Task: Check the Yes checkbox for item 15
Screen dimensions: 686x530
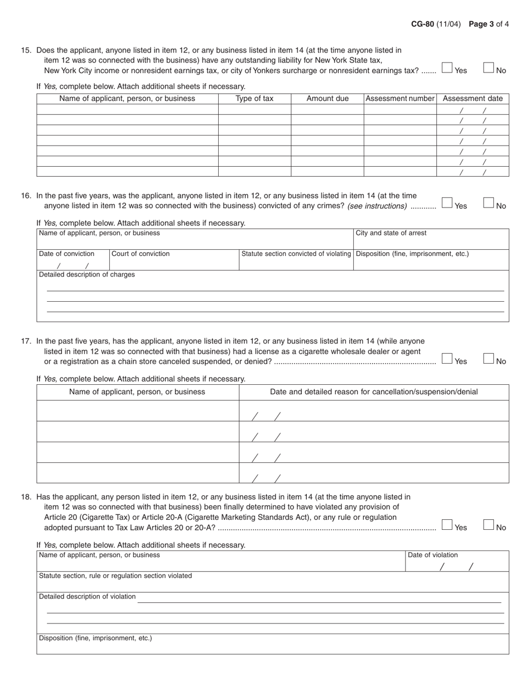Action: tap(447, 68)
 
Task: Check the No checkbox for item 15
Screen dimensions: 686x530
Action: tap(489, 68)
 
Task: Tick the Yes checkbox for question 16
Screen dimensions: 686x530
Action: tap(447, 203)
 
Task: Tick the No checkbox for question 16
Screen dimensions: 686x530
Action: tap(489, 203)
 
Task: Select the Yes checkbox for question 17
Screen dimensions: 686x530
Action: tap(447, 359)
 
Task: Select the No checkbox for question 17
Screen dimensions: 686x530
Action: tap(489, 359)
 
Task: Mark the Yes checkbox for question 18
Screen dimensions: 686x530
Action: tap(447, 525)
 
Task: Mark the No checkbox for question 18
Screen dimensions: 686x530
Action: tap(489, 525)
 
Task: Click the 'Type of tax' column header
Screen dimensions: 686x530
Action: tap(254, 99)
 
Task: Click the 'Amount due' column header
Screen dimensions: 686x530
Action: tap(327, 99)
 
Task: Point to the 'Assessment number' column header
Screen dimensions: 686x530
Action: tap(399, 99)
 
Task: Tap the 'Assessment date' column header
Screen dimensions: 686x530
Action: tap(473, 99)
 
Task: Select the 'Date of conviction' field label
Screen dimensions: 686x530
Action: tap(66, 254)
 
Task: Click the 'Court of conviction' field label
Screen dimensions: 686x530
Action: tap(141, 254)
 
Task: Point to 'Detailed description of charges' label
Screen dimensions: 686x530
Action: tap(86, 274)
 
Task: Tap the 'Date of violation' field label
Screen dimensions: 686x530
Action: tap(433, 555)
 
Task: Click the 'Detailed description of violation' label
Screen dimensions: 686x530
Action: tap(87, 597)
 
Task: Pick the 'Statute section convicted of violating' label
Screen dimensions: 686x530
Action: tap(296, 254)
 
